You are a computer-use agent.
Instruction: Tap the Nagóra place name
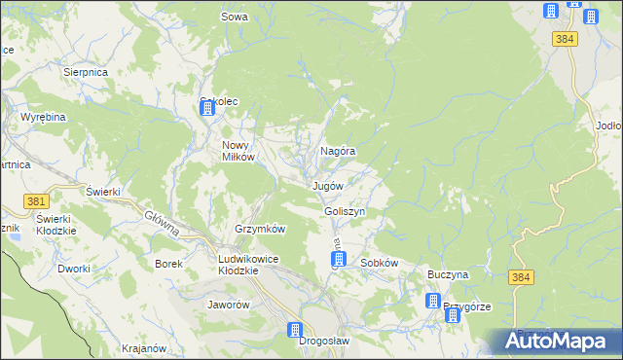click(337, 152)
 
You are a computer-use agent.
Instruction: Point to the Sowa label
click(234, 17)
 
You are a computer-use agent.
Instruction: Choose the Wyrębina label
click(42, 117)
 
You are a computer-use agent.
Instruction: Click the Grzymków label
click(259, 229)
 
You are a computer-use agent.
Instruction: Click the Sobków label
click(380, 263)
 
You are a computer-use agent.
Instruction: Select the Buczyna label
click(448, 274)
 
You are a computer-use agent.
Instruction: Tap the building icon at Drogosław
click(295, 331)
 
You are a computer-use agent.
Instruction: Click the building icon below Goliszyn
click(331, 261)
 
